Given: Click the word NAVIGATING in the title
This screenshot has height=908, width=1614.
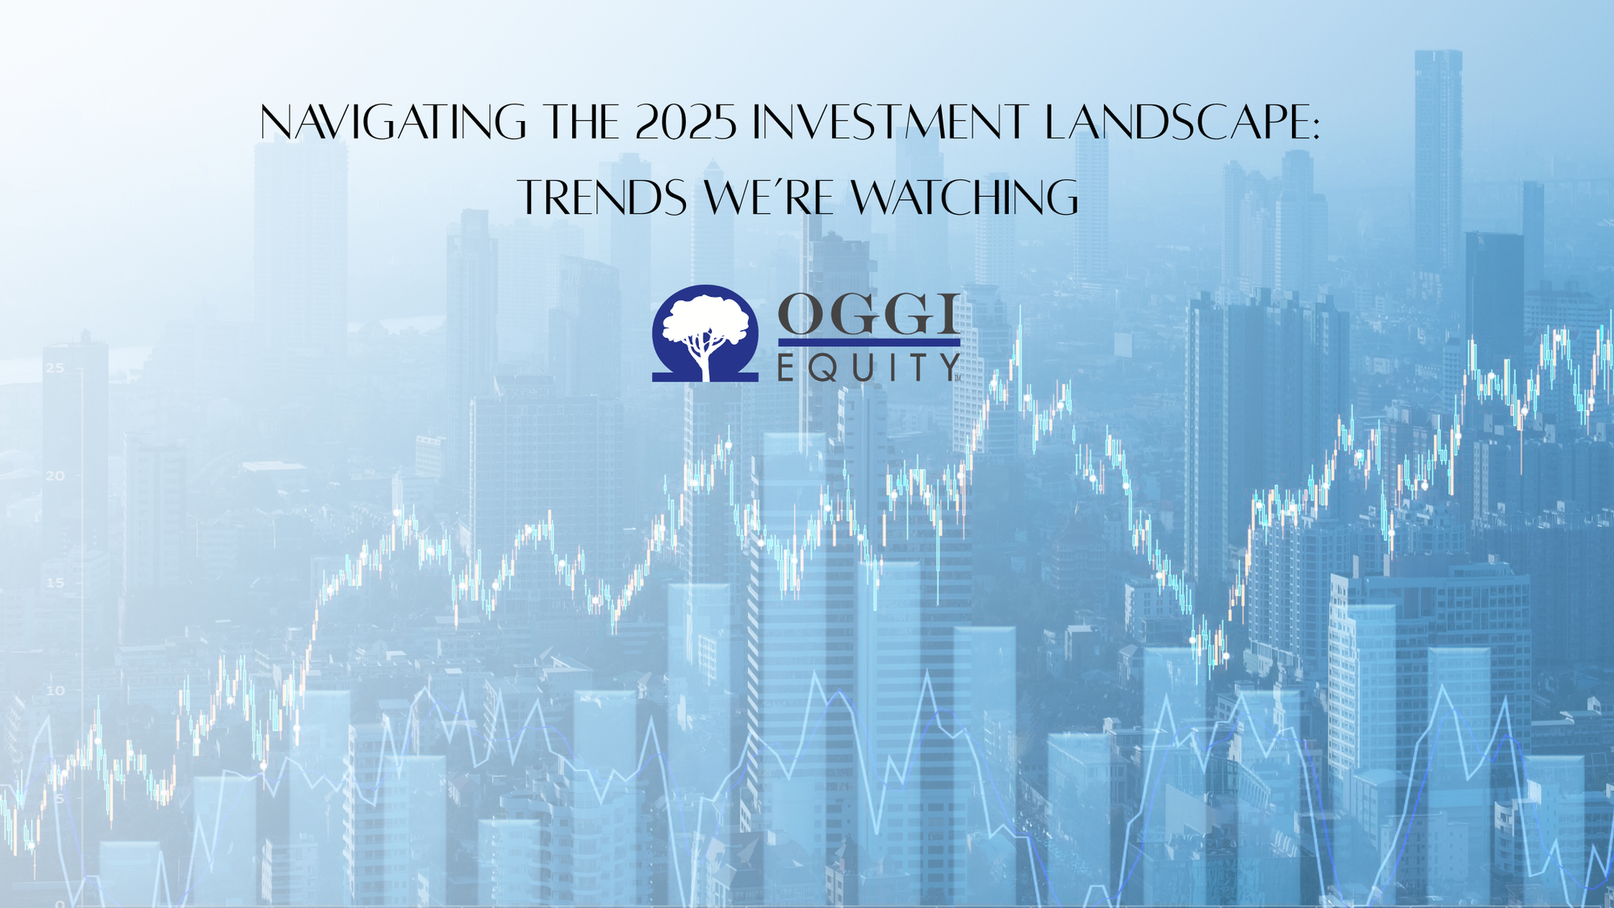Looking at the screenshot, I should (x=393, y=123).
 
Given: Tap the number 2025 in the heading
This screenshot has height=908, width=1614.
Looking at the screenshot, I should (x=686, y=123).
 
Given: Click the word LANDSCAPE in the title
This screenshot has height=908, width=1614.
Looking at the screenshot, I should (x=1174, y=123).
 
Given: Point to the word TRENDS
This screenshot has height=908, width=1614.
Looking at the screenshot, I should (x=602, y=199).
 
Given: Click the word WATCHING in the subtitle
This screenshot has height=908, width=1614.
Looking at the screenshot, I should (x=965, y=199).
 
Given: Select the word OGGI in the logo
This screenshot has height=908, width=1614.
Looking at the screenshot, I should (x=868, y=315).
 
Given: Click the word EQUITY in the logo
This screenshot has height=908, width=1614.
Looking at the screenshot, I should (x=868, y=368).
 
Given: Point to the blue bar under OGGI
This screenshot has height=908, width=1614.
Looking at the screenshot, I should (x=868, y=342).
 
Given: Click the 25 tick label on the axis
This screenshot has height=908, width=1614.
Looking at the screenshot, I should (x=55, y=369).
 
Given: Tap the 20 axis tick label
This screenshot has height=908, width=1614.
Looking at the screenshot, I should (x=55, y=476).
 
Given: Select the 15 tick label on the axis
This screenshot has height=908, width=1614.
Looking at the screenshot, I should (x=55, y=583).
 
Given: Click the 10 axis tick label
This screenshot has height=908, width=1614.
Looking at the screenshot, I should (x=55, y=691).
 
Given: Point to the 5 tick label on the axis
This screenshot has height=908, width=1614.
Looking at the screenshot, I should (x=59, y=798).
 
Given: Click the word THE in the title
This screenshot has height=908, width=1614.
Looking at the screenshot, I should (x=581, y=123).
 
